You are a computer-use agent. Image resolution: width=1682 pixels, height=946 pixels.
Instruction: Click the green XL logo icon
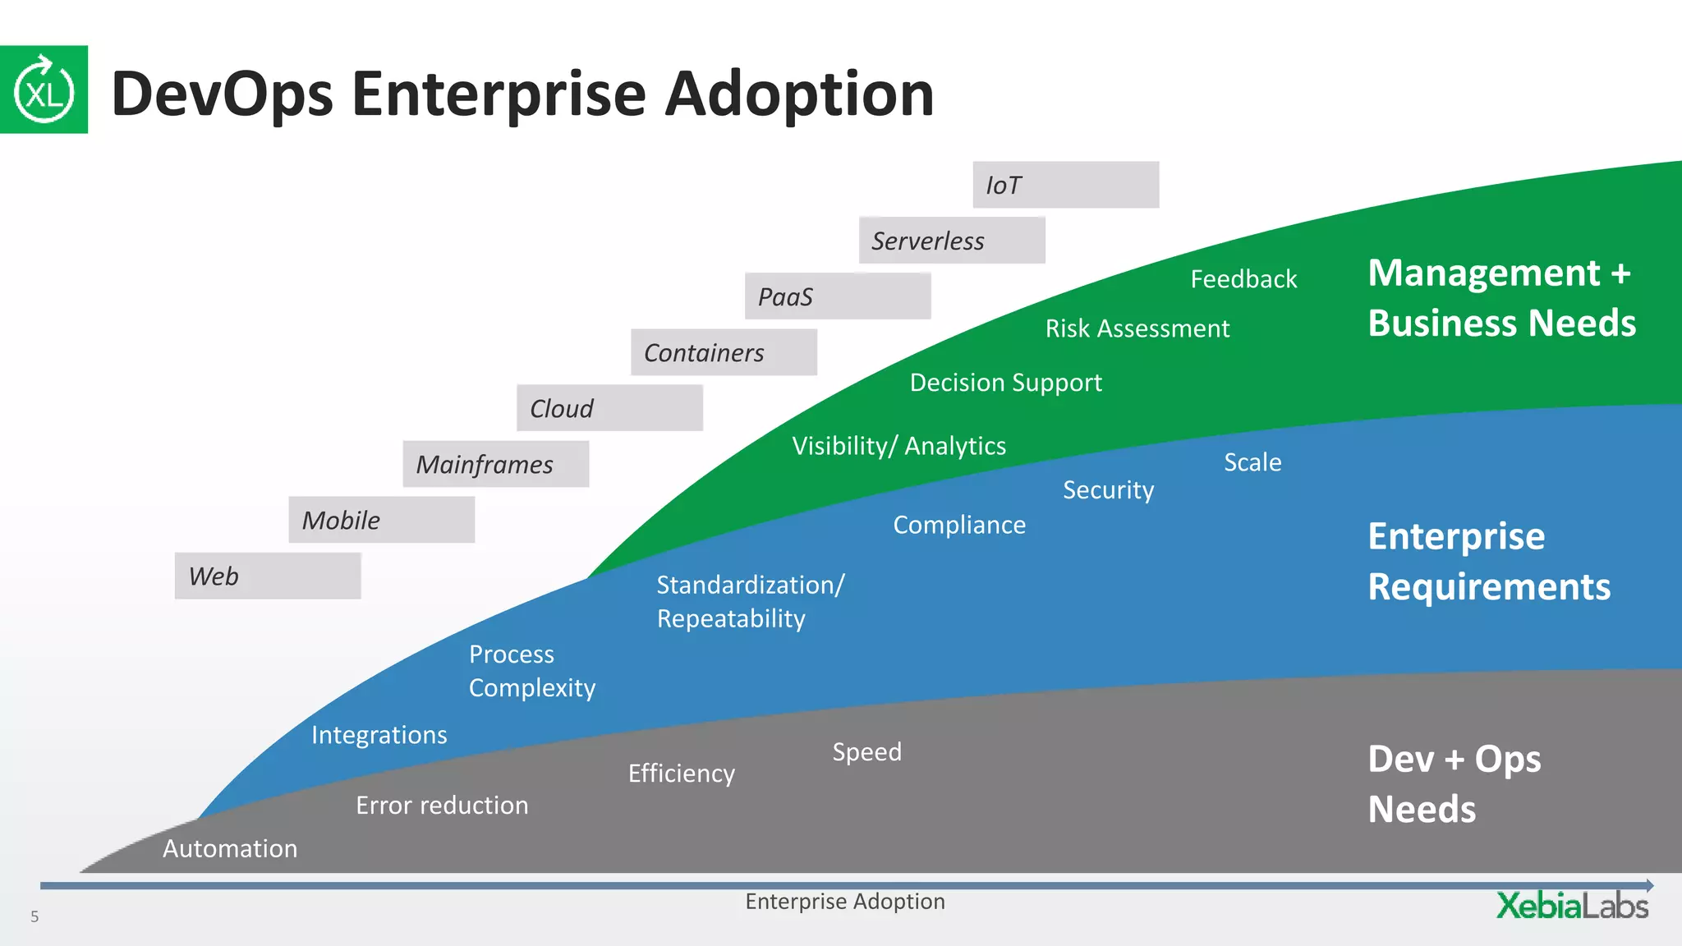coord(44,90)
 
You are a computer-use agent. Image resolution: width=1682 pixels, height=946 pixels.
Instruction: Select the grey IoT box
coord(1065,185)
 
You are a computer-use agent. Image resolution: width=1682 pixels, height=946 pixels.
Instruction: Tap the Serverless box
coord(951,241)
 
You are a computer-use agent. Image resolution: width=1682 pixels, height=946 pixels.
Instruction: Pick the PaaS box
coord(837,296)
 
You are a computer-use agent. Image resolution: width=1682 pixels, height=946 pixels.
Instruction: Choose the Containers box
coord(723,352)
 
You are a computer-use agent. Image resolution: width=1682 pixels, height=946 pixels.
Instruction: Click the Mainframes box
coord(495,464)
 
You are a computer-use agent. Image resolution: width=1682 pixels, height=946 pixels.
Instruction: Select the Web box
coord(267,576)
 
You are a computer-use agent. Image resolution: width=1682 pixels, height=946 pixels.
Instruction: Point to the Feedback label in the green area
coord(1243,279)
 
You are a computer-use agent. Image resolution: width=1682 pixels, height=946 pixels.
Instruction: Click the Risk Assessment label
coord(1137,328)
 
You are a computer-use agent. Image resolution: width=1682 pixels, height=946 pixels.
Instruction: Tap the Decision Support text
coord(1005,383)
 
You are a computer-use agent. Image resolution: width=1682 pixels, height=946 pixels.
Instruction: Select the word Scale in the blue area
coord(1252,462)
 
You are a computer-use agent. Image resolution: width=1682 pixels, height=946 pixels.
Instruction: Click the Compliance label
coord(958,525)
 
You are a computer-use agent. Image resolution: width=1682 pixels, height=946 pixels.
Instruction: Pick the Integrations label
coord(379,735)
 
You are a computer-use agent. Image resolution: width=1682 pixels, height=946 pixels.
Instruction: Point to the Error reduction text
coord(442,806)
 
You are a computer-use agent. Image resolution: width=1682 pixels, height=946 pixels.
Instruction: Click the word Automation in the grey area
coord(230,848)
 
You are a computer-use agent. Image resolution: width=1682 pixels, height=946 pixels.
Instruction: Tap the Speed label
coord(866,752)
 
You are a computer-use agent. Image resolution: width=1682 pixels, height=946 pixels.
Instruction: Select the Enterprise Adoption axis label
coord(844,902)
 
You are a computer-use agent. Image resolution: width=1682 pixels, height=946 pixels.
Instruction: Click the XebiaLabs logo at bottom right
coord(1570,906)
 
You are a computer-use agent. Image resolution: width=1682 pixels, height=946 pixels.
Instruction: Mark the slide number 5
coord(34,916)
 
